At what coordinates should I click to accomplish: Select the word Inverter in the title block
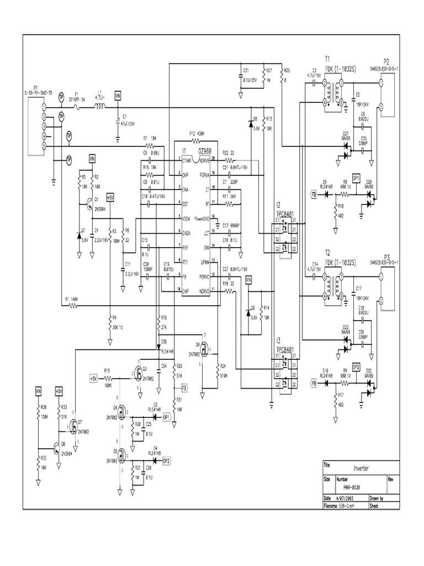click(361, 468)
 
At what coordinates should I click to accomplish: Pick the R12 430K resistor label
click(197, 133)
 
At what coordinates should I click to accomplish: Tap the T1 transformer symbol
click(331, 92)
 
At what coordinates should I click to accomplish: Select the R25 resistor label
click(286, 71)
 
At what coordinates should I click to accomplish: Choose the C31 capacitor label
click(246, 71)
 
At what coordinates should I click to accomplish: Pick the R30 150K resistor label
click(44, 412)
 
